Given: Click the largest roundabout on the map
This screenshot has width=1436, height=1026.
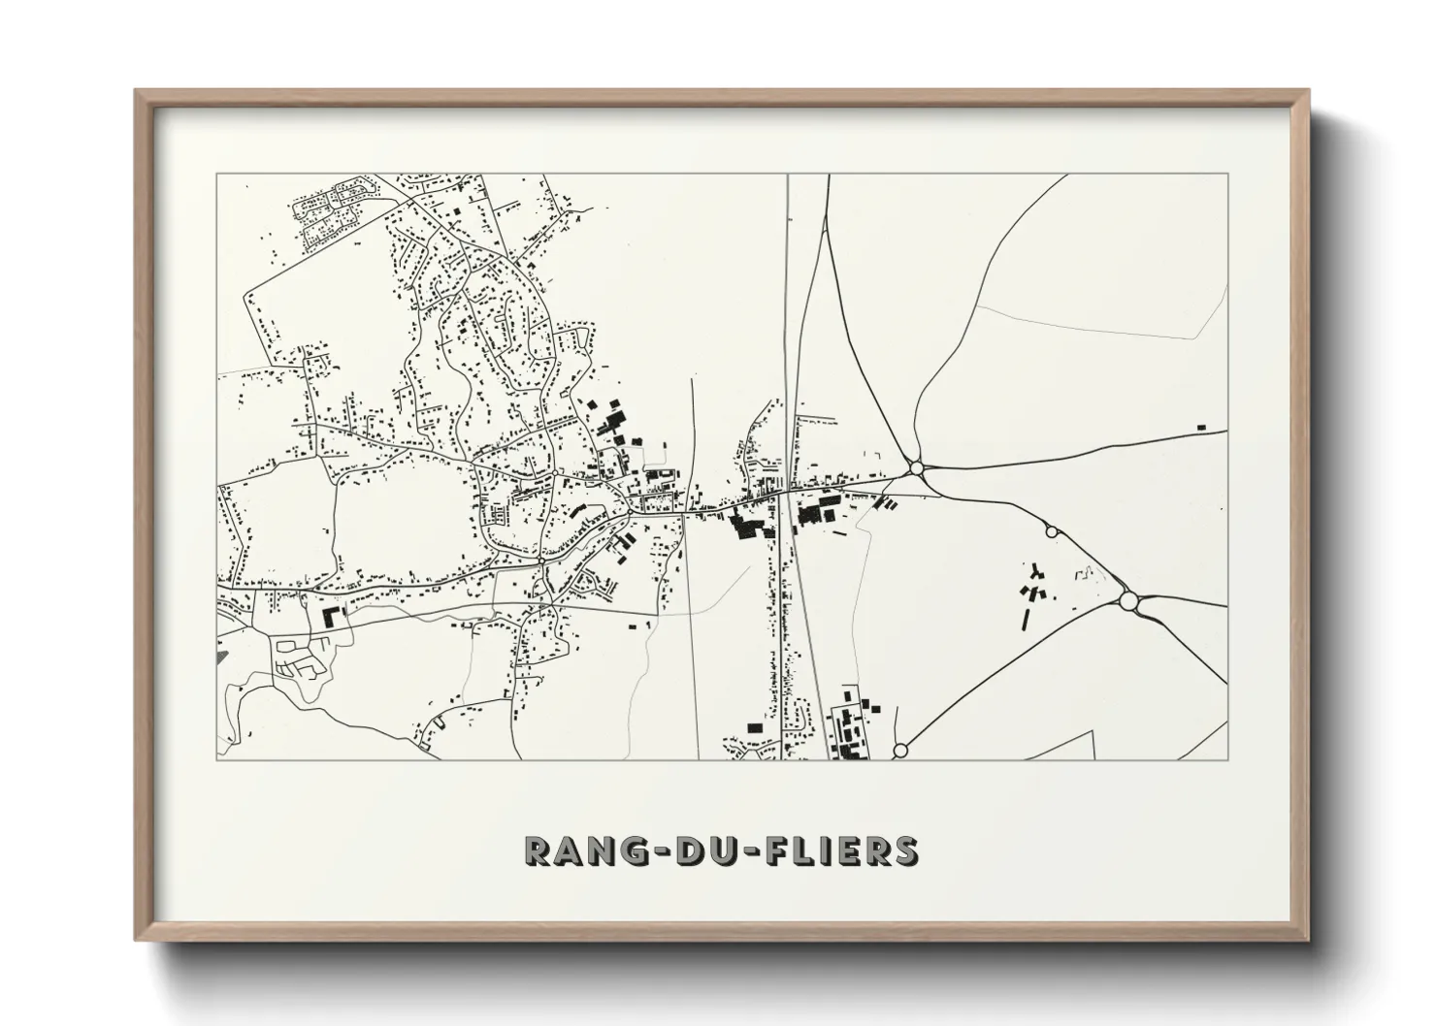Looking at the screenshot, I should click(x=1127, y=601).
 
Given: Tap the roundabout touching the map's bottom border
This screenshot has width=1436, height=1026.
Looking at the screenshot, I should click(x=899, y=751).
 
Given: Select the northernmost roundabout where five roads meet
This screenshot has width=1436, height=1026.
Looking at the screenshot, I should click(x=917, y=469).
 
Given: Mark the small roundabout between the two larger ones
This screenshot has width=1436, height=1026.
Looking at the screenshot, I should click(x=1051, y=531).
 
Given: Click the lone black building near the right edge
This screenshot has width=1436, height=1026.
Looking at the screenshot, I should click(x=1201, y=427).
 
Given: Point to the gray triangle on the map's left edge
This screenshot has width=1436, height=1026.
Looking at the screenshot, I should click(x=222, y=657).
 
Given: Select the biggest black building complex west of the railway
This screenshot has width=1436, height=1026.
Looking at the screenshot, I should click(x=747, y=527).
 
